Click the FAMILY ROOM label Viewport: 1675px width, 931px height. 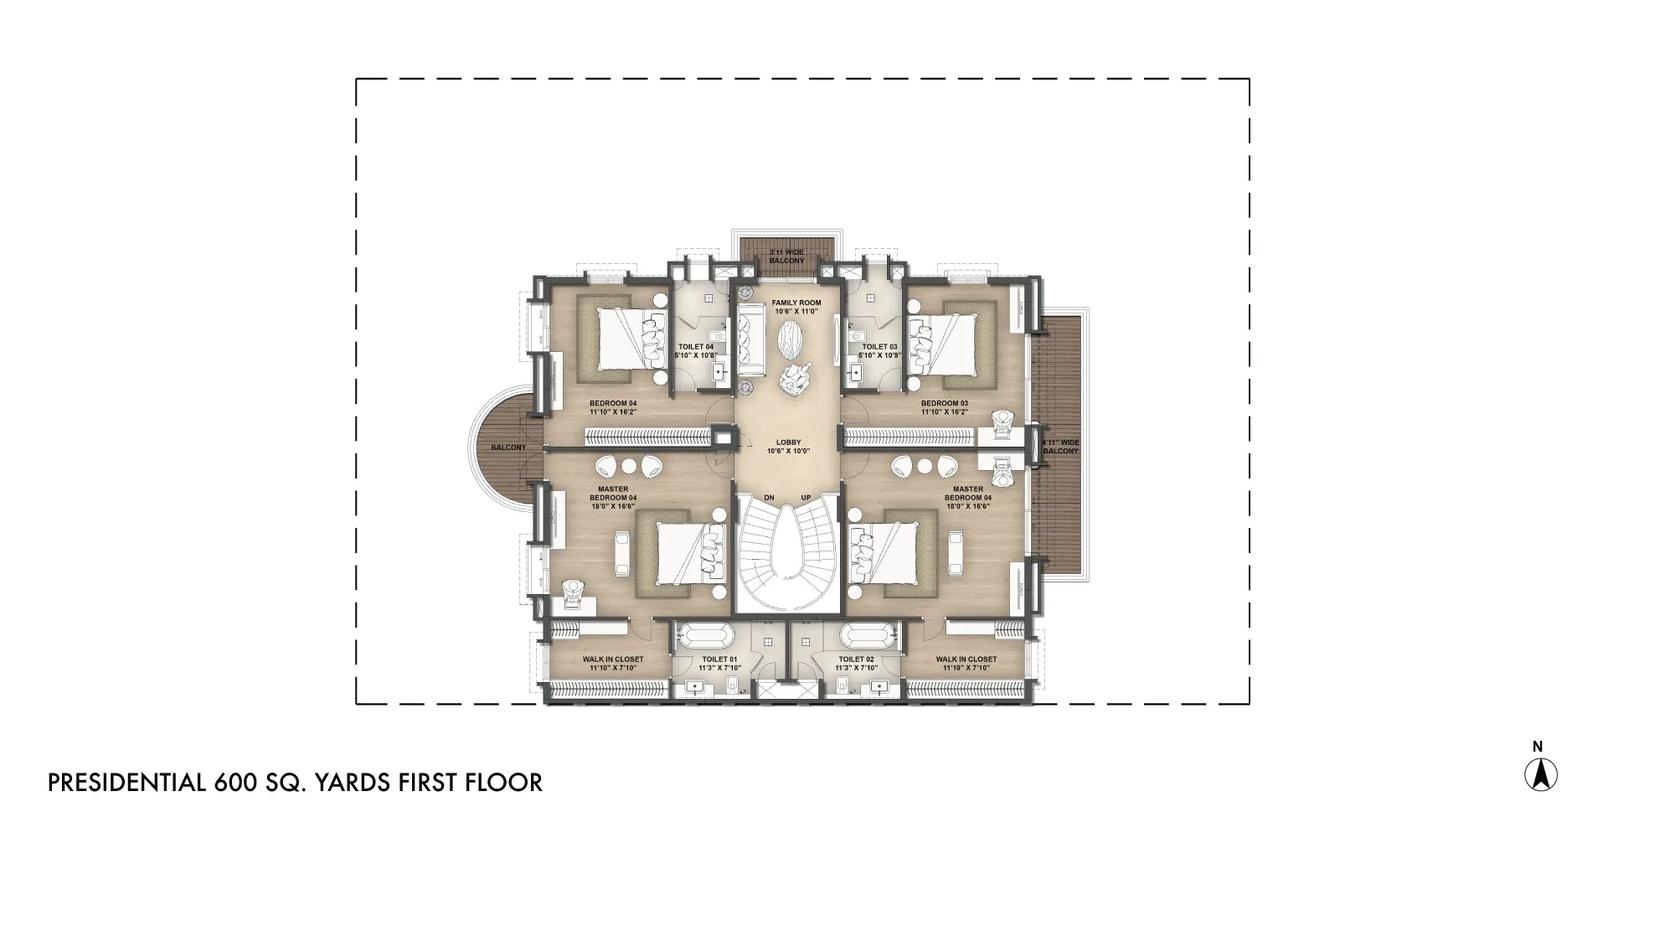click(x=796, y=303)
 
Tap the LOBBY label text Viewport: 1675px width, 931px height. click(x=788, y=442)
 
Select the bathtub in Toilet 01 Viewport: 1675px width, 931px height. click(x=703, y=637)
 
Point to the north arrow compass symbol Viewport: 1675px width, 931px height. click(x=1540, y=774)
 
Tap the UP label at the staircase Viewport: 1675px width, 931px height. click(x=806, y=498)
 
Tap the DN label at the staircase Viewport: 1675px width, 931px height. click(x=769, y=498)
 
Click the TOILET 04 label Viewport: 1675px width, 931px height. click(x=695, y=346)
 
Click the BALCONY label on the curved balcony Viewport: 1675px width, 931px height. click(x=508, y=447)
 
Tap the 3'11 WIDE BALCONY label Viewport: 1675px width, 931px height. click(x=786, y=256)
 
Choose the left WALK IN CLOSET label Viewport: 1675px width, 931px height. click(x=614, y=659)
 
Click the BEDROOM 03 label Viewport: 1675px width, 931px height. click(x=944, y=403)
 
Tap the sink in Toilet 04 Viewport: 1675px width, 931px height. click(x=718, y=371)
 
